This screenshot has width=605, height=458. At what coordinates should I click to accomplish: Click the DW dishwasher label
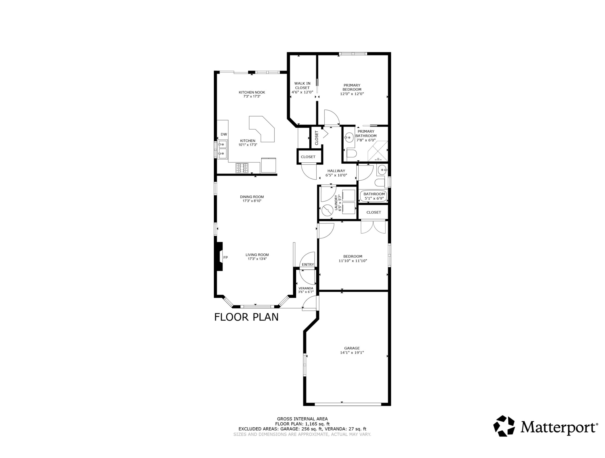click(x=224, y=134)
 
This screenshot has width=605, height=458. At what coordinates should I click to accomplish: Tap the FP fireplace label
click(x=226, y=257)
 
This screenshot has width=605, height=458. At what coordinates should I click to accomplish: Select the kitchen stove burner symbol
click(x=242, y=168)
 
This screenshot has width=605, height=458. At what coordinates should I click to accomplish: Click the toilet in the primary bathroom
click(x=351, y=154)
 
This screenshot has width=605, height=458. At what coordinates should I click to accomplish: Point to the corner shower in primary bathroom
click(x=378, y=151)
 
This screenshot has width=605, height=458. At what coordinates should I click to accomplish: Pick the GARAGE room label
click(x=352, y=348)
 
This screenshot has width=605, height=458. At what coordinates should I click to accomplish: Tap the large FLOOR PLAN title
click(x=246, y=317)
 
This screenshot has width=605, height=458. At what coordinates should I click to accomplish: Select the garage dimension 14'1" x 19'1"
click(x=352, y=352)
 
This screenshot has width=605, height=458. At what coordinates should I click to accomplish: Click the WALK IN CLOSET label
click(x=302, y=85)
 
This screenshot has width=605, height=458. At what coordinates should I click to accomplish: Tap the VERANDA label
click(x=306, y=288)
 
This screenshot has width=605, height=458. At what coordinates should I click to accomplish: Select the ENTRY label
click(x=308, y=264)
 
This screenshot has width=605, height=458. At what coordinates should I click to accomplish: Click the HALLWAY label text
click(x=336, y=171)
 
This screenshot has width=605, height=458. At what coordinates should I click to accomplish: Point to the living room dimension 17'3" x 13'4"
click(x=257, y=259)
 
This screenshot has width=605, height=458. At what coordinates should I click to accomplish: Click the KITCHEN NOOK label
click(x=252, y=92)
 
